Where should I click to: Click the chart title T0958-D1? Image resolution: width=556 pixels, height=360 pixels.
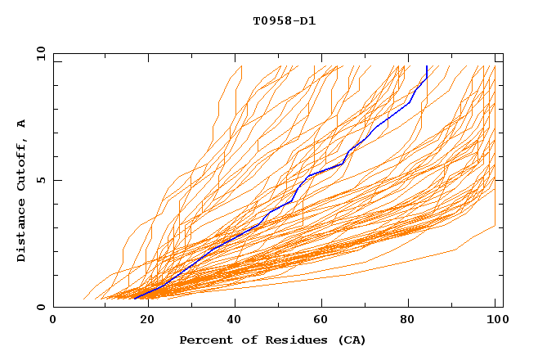tap(284, 20)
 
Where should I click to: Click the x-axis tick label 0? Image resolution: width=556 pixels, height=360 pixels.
tap(53, 320)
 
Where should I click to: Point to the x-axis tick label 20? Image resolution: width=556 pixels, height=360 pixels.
tap(146, 320)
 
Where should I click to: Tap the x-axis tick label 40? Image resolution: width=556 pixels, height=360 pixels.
tap(235, 320)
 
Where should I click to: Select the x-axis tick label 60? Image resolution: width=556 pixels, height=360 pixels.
tap(323, 320)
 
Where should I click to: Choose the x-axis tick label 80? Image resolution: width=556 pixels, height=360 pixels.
tap(411, 320)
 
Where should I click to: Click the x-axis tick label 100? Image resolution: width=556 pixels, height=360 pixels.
tap(496, 320)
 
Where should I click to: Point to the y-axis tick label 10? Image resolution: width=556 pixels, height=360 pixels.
tap(39, 53)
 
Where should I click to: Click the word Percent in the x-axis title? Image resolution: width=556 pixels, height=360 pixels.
tap(203, 340)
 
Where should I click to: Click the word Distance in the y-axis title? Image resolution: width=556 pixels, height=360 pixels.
tap(22, 231)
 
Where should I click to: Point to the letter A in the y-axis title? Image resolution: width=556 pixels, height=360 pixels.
tap(22, 124)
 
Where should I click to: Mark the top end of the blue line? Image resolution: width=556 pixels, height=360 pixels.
tap(427, 66)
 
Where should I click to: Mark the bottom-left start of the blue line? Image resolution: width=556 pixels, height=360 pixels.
tap(135, 299)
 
